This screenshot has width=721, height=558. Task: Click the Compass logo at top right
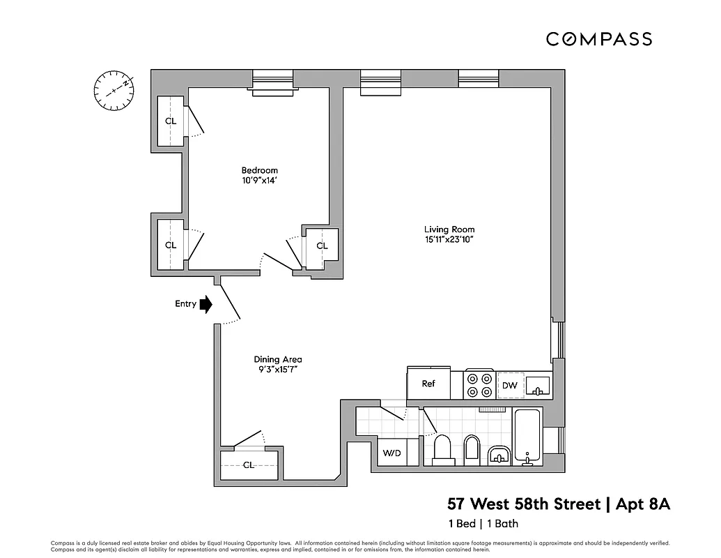(598, 39)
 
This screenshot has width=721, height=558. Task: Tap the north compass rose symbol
(114, 88)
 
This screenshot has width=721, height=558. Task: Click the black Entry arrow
(206, 304)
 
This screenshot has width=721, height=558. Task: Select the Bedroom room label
(259, 170)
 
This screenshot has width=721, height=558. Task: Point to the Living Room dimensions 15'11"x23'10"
(449, 240)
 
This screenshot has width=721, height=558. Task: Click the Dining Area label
(277, 360)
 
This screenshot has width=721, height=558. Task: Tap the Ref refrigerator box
(428, 384)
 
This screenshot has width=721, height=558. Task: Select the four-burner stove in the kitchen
(479, 384)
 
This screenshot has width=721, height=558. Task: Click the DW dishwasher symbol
(509, 385)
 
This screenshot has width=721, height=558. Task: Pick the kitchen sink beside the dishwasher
(537, 385)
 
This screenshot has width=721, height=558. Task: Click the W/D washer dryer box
(392, 453)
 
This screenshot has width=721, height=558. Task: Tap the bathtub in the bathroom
(528, 437)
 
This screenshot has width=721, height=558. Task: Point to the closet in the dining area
(249, 465)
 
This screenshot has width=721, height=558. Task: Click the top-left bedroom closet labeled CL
(171, 121)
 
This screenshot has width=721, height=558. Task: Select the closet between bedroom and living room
(322, 246)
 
